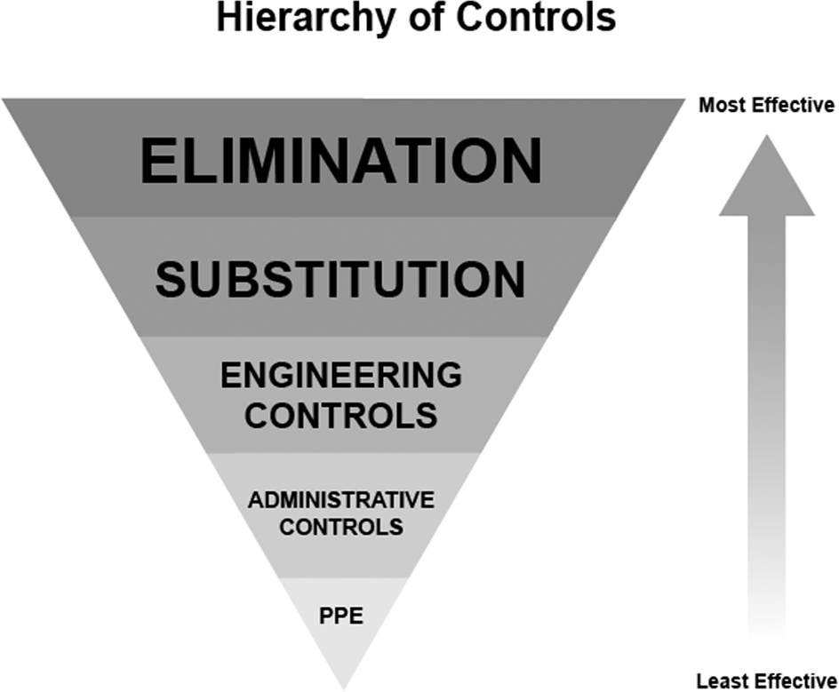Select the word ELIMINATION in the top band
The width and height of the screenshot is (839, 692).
pyautogui.click(x=340, y=161)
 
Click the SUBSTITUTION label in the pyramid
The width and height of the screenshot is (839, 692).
pyautogui.click(x=340, y=280)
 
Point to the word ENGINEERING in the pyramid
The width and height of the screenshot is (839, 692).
pyautogui.click(x=341, y=375)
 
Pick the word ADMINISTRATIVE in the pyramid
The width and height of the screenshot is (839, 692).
pyautogui.click(x=341, y=499)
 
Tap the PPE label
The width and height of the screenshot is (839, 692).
pyautogui.click(x=341, y=615)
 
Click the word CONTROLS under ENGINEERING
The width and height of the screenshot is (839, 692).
pyautogui.click(x=341, y=415)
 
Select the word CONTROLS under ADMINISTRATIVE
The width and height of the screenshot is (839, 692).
pyautogui.click(x=341, y=527)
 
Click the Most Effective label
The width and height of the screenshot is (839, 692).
pyautogui.click(x=766, y=106)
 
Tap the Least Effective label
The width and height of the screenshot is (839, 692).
pyautogui.click(x=766, y=681)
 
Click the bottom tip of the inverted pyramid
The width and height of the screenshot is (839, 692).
pyautogui.click(x=342, y=686)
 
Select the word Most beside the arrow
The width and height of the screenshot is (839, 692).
pyautogui.click(x=722, y=106)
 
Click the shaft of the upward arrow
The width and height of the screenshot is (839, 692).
pyautogui.click(x=766, y=400)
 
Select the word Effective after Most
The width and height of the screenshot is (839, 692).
pyautogui.click(x=791, y=106)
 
